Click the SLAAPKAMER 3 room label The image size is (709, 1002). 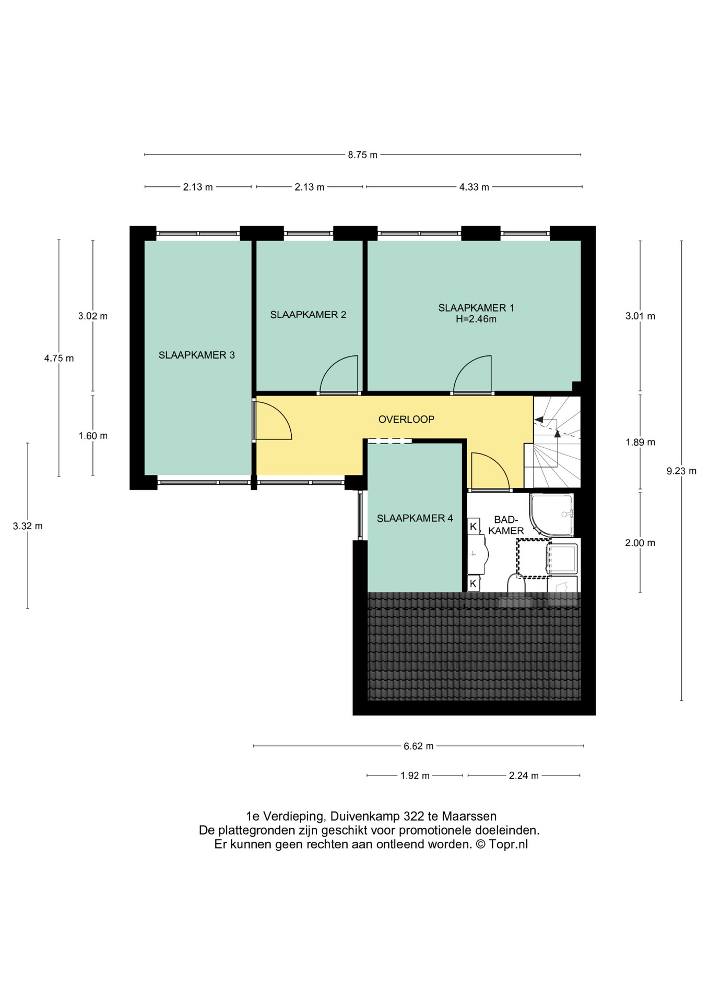(x=196, y=355)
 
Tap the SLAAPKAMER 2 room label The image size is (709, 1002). (x=308, y=315)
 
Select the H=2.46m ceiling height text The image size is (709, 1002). (x=476, y=319)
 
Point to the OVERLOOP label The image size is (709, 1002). (x=406, y=419)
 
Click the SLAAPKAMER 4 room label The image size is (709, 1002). (x=415, y=518)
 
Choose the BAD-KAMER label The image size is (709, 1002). (x=506, y=525)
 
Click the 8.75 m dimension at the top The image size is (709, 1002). (x=363, y=155)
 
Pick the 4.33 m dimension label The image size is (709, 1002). (x=474, y=187)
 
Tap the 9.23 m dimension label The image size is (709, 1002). (x=681, y=471)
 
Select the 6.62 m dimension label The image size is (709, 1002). (x=418, y=746)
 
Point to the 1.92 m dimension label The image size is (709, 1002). (x=415, y=776)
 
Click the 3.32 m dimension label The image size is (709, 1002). (x=28, y=526)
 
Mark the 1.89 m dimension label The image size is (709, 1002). (x=640, y=442)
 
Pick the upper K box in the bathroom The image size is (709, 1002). (x=474, y=526)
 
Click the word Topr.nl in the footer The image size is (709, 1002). (x=508, y=844)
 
